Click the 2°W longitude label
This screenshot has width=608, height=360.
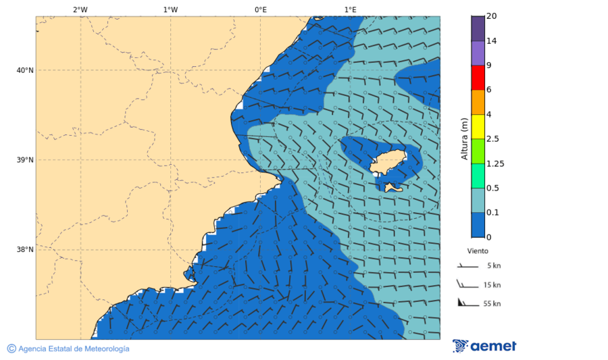coord(80,9)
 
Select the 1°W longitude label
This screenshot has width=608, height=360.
coord(170,9)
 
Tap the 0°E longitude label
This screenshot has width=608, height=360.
coord(260,9)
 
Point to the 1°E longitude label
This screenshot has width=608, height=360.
coord(350,9)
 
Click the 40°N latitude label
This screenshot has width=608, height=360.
coord(25,70)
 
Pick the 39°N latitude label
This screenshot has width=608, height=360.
coord(25,160)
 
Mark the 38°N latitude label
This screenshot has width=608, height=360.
coord(25,250)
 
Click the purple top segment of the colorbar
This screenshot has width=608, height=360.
coord(478,28)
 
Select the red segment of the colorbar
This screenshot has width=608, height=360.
coord(478,78)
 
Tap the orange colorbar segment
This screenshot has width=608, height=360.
coord(478,102)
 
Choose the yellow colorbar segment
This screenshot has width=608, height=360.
coord(478,126)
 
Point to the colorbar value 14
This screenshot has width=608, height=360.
coord(491,41)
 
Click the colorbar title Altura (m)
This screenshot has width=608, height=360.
coord(464,138)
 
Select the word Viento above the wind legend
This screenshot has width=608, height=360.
coord(478,251)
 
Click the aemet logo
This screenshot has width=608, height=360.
coord(484,346)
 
